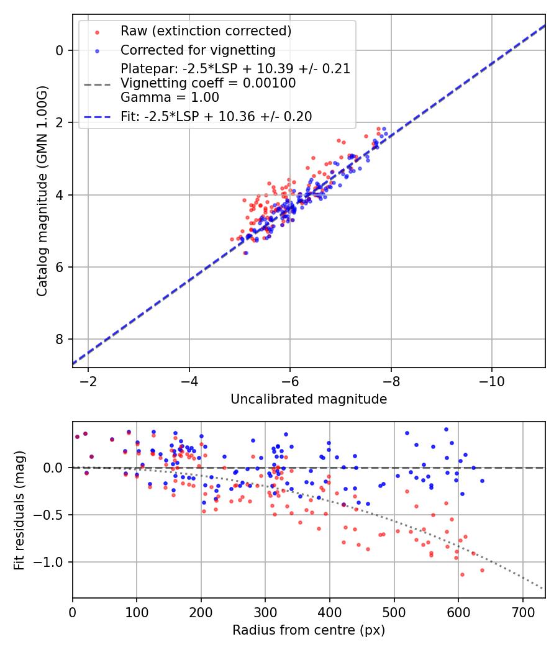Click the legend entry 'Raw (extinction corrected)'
(206, 31)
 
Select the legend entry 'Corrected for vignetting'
(198, 50)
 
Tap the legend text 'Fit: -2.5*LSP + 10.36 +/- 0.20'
(216, 116)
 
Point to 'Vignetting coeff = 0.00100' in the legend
(208, 83)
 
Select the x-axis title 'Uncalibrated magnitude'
(309, 399)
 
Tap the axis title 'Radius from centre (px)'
(309, 630)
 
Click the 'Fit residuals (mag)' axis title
(19, 510)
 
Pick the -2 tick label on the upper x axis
(88, 381)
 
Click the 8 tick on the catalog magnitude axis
(60, 339)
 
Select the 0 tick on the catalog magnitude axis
(60, 50)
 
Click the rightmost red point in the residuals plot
(482, 570)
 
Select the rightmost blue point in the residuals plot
(482, 481)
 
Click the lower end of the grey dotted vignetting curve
(542, 589)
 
